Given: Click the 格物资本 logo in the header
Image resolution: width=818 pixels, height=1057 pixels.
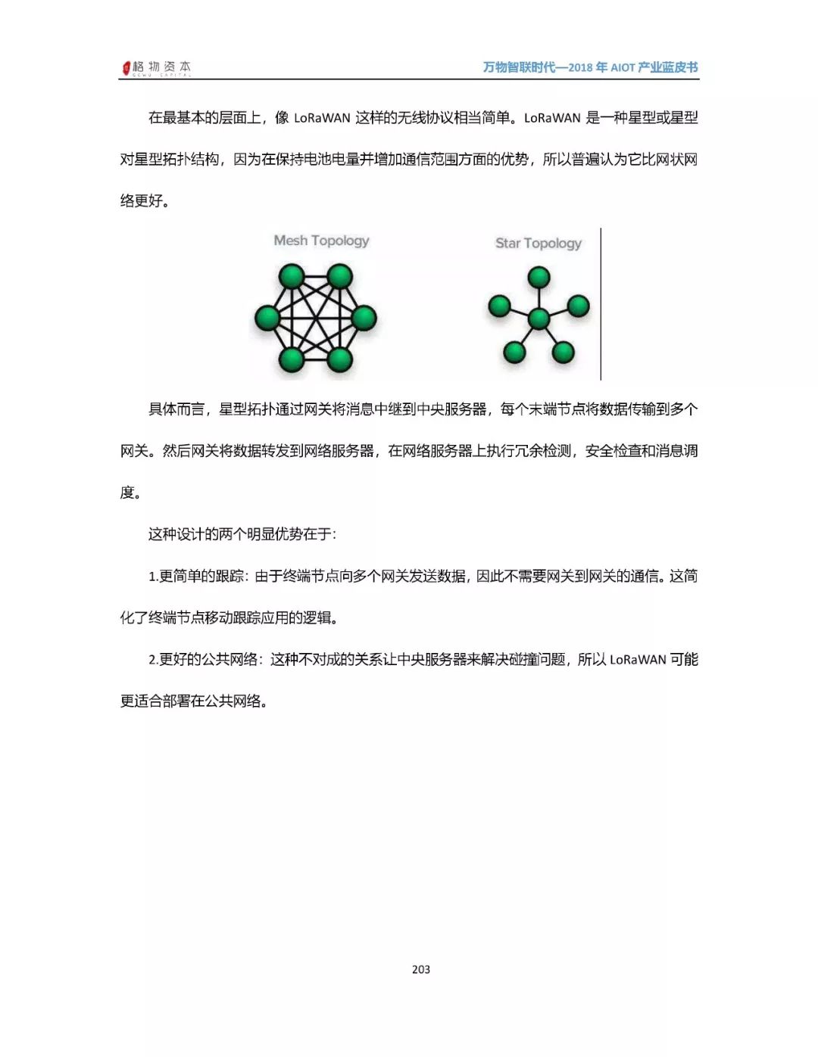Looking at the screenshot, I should click(157, 68).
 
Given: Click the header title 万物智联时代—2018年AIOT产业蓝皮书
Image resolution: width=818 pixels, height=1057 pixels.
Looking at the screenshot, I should click(590, 67).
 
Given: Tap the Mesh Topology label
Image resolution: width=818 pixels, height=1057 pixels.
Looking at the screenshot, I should click(321, 241).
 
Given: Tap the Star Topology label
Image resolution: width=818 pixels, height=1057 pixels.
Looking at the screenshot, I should click(538, 243).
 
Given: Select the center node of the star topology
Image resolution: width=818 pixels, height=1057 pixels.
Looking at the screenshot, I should click(539, 319).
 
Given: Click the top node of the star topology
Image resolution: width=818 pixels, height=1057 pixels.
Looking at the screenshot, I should click(539, 277).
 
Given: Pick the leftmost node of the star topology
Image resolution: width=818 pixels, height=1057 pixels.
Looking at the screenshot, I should click(499, 306).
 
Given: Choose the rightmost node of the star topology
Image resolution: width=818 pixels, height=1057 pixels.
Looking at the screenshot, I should click(578, 306).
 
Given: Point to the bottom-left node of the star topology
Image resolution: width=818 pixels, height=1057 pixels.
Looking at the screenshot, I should click(514, 352).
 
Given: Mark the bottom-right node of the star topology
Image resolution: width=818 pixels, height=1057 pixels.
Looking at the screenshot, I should click(563, 352).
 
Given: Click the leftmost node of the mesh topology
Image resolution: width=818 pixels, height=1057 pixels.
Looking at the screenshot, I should click(267, 318).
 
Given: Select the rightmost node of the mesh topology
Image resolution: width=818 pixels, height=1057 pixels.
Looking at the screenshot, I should click(364, 318).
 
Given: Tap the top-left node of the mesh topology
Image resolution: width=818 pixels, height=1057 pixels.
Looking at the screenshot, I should click(292, 276).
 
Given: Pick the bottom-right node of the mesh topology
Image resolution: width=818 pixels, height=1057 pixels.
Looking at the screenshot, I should click(340, 359).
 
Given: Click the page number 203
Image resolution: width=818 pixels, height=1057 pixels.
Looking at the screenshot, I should click(421, 969).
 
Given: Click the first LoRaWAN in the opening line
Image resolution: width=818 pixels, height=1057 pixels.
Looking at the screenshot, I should click(322, 118).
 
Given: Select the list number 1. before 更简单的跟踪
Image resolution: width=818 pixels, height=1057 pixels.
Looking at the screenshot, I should click(153, 577).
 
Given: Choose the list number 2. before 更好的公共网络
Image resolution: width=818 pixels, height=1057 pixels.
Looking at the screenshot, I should click(153, 660).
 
